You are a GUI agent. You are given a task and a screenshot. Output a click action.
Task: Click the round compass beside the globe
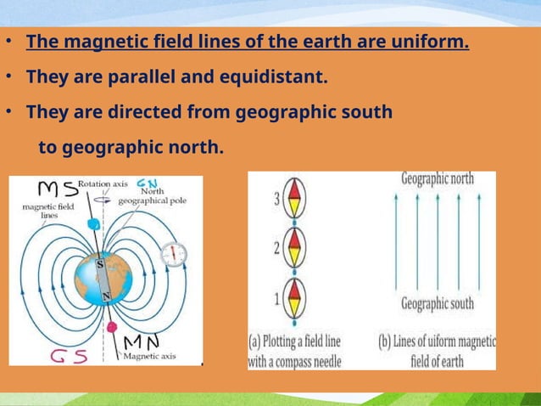[x=176, y=252]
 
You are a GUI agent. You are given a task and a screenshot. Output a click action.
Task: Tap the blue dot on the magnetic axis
[x=93, y=224]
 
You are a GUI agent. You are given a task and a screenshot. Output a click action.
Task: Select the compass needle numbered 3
[x=293, y=200]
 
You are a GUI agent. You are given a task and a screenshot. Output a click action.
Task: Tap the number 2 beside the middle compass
[x=276, y=249]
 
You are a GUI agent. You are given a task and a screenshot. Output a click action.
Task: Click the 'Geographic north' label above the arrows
[x=438, y=179]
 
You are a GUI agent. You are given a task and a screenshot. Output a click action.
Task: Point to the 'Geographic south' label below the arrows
[x=438, y=304]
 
